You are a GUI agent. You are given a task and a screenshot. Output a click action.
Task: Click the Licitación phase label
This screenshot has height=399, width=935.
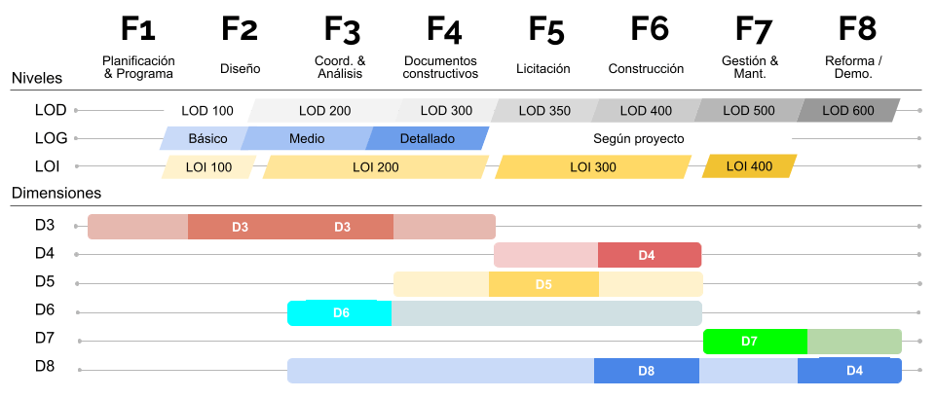542,69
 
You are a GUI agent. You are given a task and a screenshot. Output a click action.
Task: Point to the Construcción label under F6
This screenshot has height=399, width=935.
646,69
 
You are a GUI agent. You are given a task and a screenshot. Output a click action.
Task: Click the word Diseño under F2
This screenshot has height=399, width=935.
240,69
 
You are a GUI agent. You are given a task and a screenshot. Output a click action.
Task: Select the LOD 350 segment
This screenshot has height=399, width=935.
544,111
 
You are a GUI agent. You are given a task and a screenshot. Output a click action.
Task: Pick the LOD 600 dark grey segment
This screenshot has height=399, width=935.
848,111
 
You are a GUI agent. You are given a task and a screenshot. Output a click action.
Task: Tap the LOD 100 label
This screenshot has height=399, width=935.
207,111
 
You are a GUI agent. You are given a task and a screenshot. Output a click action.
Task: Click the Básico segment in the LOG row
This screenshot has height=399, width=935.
207,139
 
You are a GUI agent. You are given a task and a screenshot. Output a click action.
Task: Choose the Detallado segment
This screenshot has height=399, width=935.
427,139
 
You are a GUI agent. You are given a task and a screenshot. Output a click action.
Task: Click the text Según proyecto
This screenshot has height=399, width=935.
639,139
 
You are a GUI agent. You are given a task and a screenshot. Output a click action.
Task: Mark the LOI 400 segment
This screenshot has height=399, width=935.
749,166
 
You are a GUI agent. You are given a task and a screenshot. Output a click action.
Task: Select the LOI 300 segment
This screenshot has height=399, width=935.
593,167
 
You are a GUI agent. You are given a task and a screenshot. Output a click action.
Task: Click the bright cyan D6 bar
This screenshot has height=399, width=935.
340,313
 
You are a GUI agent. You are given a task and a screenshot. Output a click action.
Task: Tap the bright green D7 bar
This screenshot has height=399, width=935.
755,342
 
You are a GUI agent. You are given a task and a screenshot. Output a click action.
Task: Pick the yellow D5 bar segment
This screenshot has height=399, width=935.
543,285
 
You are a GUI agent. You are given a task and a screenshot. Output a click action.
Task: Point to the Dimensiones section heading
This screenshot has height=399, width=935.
56,194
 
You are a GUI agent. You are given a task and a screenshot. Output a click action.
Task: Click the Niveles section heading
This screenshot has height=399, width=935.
37,78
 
